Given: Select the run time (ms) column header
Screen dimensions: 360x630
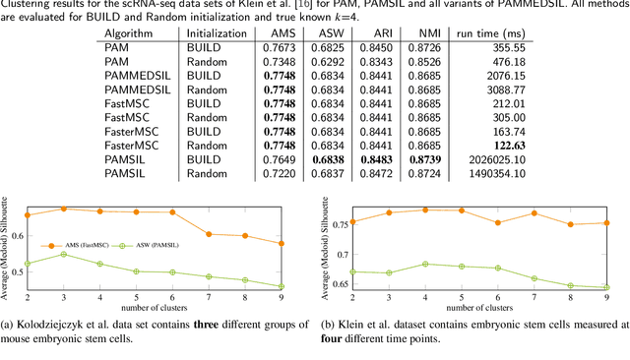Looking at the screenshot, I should coord(486,34).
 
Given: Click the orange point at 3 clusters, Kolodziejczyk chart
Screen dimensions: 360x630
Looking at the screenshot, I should coord(65,209).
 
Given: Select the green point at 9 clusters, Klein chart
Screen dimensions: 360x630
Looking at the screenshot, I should coord(605,287).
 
